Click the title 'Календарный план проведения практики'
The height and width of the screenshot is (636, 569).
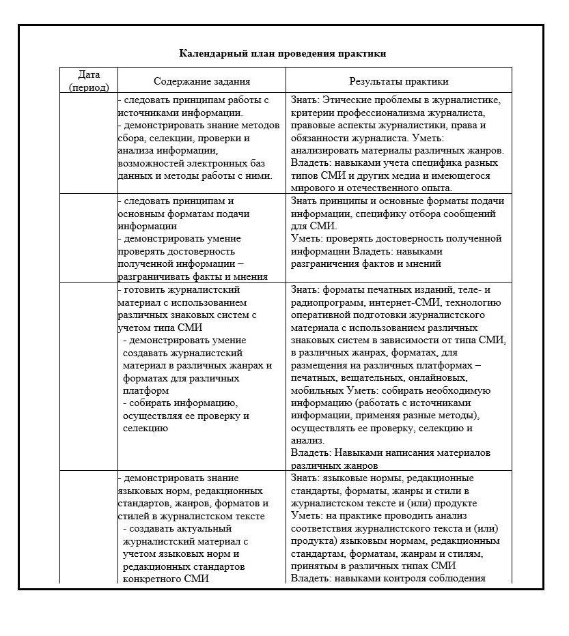(283, 53)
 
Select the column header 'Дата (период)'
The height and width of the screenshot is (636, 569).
(89, 80)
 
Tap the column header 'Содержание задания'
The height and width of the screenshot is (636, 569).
(202, 81)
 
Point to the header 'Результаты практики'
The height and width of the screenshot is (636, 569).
(399, 81)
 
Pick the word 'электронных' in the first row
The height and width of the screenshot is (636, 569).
(224, 163)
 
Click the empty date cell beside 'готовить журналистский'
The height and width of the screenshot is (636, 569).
(89, 375)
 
